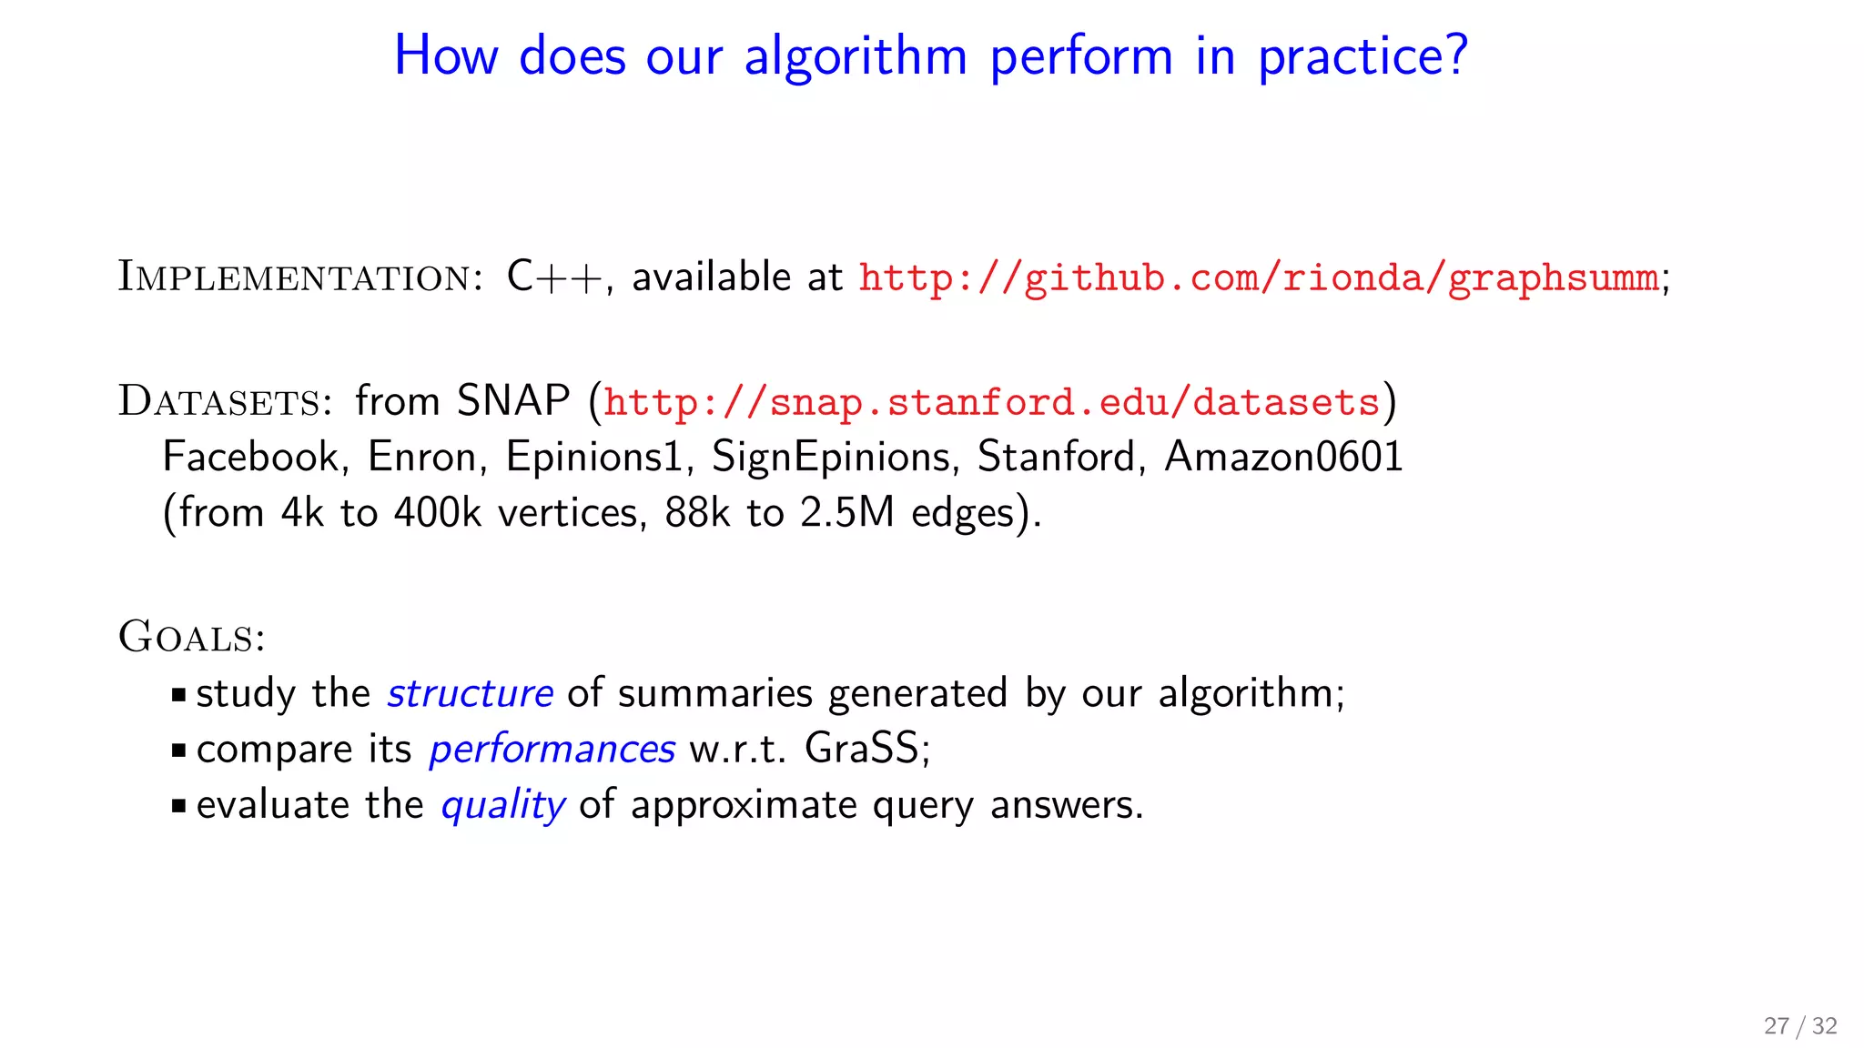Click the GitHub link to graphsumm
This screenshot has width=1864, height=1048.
(x=1259, y=277)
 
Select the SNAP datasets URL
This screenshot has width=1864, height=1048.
(x=991, y=402)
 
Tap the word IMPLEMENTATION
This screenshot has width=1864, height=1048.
(x=296, y=277)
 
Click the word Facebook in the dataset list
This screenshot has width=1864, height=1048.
(x=250, y=457)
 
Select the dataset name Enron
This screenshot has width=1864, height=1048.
(x=421, y=457)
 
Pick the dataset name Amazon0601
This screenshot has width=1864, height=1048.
(x=1283, y=457)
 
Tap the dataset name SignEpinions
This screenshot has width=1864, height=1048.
(x=832, y=457)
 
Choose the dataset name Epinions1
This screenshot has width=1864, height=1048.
(x=593, y=457)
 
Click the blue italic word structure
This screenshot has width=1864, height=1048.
(x=470, y=694)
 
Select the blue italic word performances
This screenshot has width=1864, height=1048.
(x=552, y=750)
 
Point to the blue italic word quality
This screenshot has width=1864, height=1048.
(x=502, y=806)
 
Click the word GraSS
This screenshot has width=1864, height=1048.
(x=861, y=750)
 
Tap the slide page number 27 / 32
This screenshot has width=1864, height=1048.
(x=1799, y=1026)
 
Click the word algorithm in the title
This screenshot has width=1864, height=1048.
(x=855, y=56)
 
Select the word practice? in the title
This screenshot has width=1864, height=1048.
(x=1362, y=56)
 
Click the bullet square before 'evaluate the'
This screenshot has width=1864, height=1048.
(x=178, y=806)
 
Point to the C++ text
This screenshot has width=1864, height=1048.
(x=554, y=277)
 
